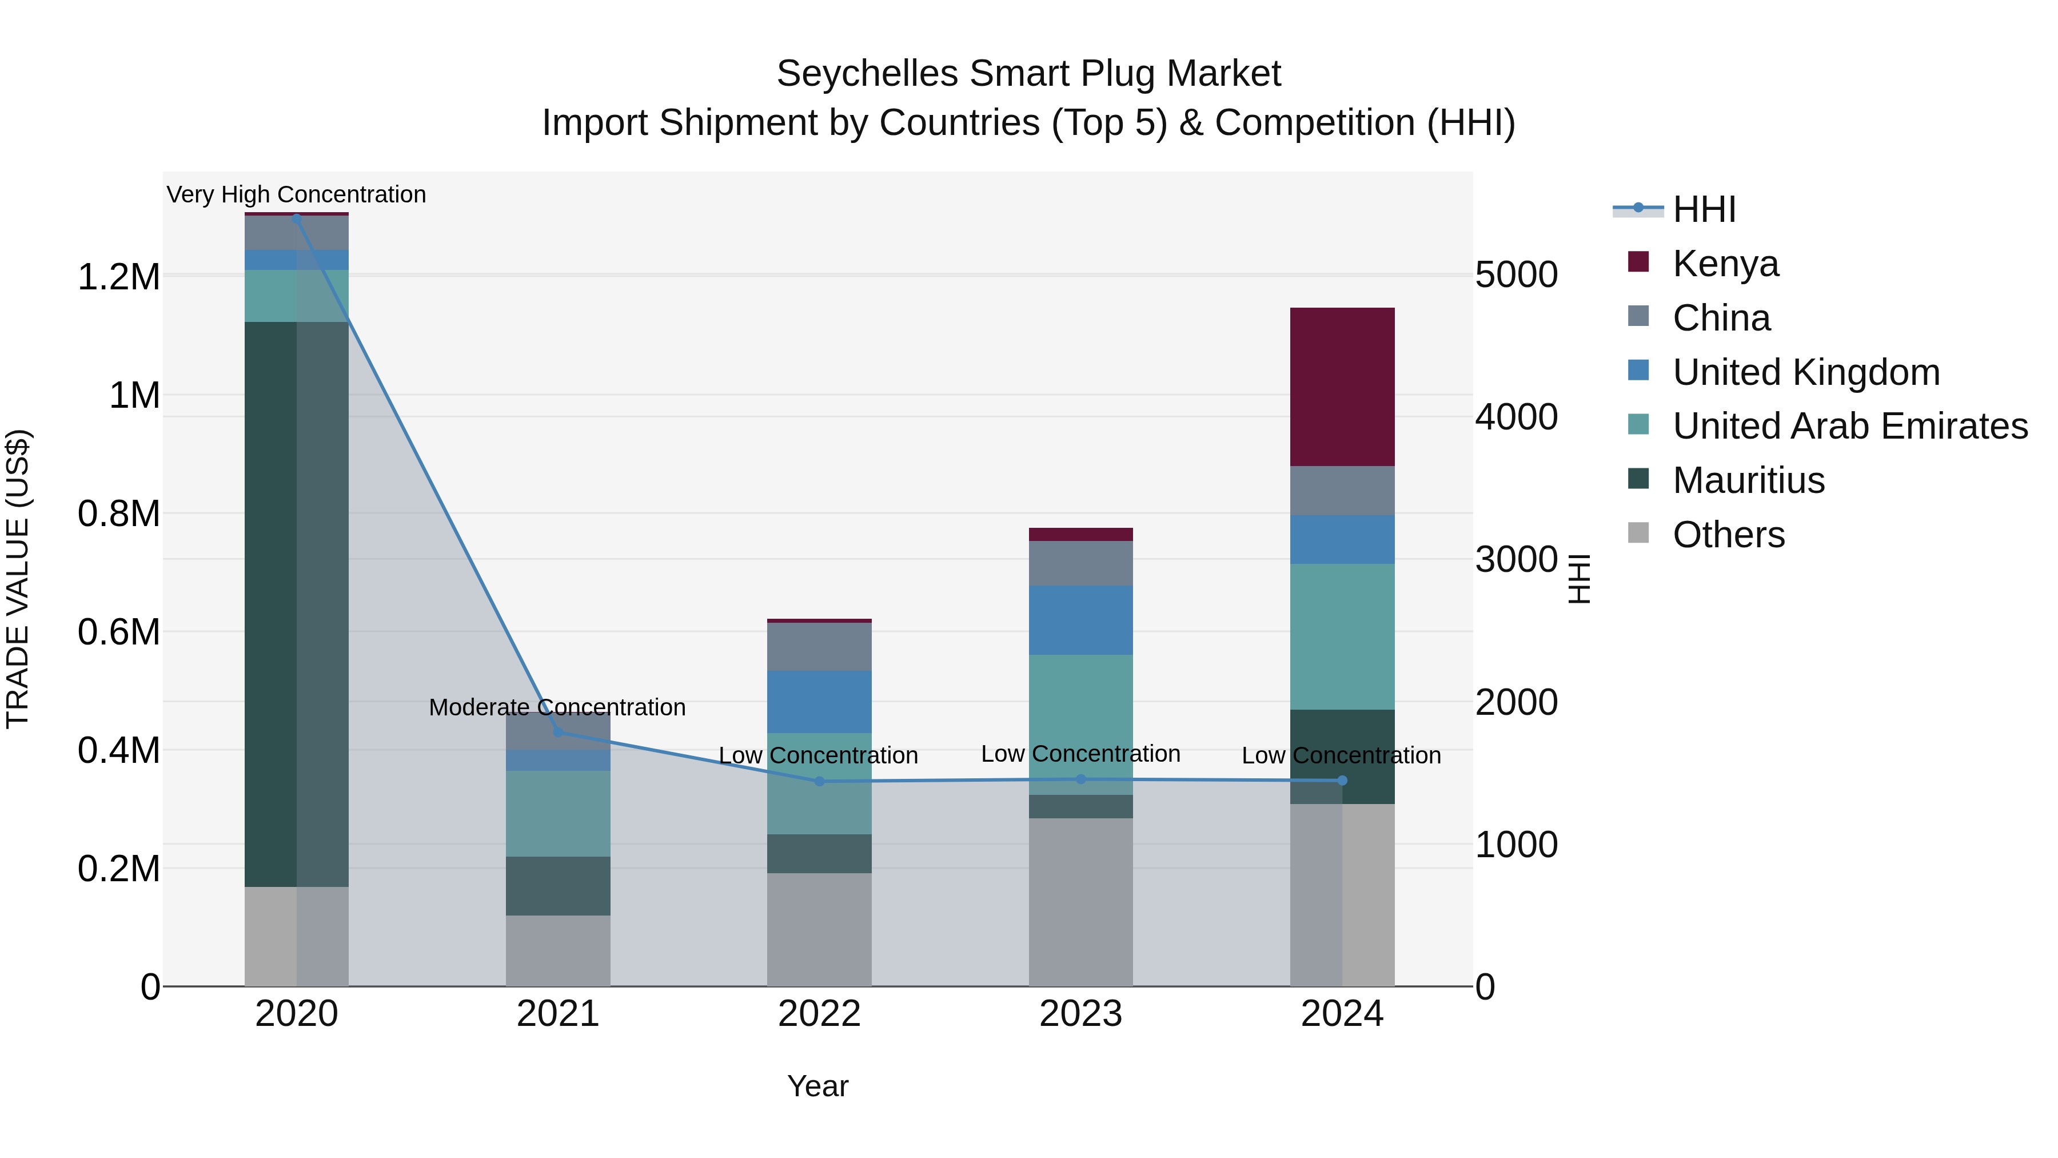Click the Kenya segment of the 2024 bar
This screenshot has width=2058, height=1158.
point(1342,387)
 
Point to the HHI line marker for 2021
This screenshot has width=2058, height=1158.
point(557,731)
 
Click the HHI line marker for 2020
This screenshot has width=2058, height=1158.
point(296,217)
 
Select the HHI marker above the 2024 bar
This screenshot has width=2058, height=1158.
point(1342,780)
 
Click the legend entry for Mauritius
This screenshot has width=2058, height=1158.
point(1748,480)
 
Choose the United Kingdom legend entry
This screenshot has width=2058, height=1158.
point(1805,372)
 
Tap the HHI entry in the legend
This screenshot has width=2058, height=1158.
point(1704,209)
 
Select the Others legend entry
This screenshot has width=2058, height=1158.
point(1728,535)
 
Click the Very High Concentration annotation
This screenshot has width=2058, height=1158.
point(296,194)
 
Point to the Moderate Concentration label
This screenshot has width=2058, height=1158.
point(557,707)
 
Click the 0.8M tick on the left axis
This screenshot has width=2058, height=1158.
point(118,514)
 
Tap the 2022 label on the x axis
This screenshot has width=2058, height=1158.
point(819,1014)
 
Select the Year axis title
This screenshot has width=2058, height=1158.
point(817,1086)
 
